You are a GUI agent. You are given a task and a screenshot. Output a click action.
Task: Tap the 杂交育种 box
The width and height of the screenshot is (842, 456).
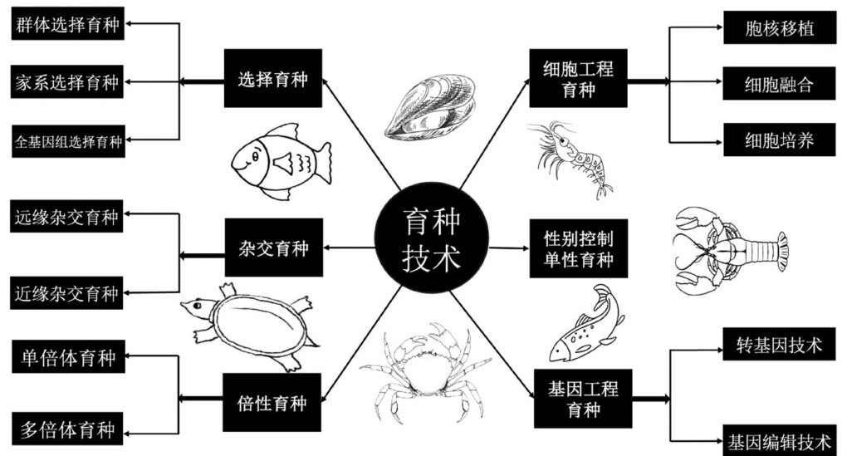pos(272,248)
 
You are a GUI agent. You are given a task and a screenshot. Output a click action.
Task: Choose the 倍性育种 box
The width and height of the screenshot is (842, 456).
pos(272,404)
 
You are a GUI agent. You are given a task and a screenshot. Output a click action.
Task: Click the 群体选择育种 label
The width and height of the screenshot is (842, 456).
pos(68,25)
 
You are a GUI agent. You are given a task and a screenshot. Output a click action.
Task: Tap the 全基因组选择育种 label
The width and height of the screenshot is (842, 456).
pos(68,141)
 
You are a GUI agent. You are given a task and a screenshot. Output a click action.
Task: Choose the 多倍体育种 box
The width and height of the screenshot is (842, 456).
pos(68,429)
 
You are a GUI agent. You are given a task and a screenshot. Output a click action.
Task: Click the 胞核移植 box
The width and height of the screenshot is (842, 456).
pos(768,29)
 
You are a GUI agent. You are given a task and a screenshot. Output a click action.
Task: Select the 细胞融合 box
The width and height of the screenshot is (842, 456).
pos(768,83)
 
